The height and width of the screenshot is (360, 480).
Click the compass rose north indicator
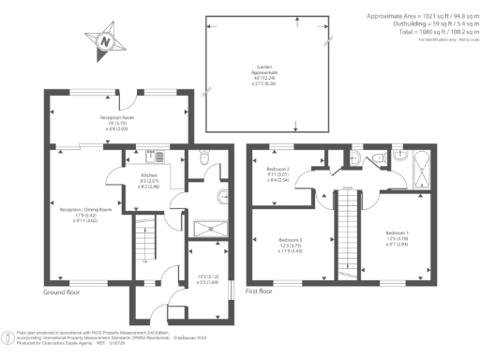[x=105, y=40]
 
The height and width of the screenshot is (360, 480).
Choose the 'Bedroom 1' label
[x=396, y=235]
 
